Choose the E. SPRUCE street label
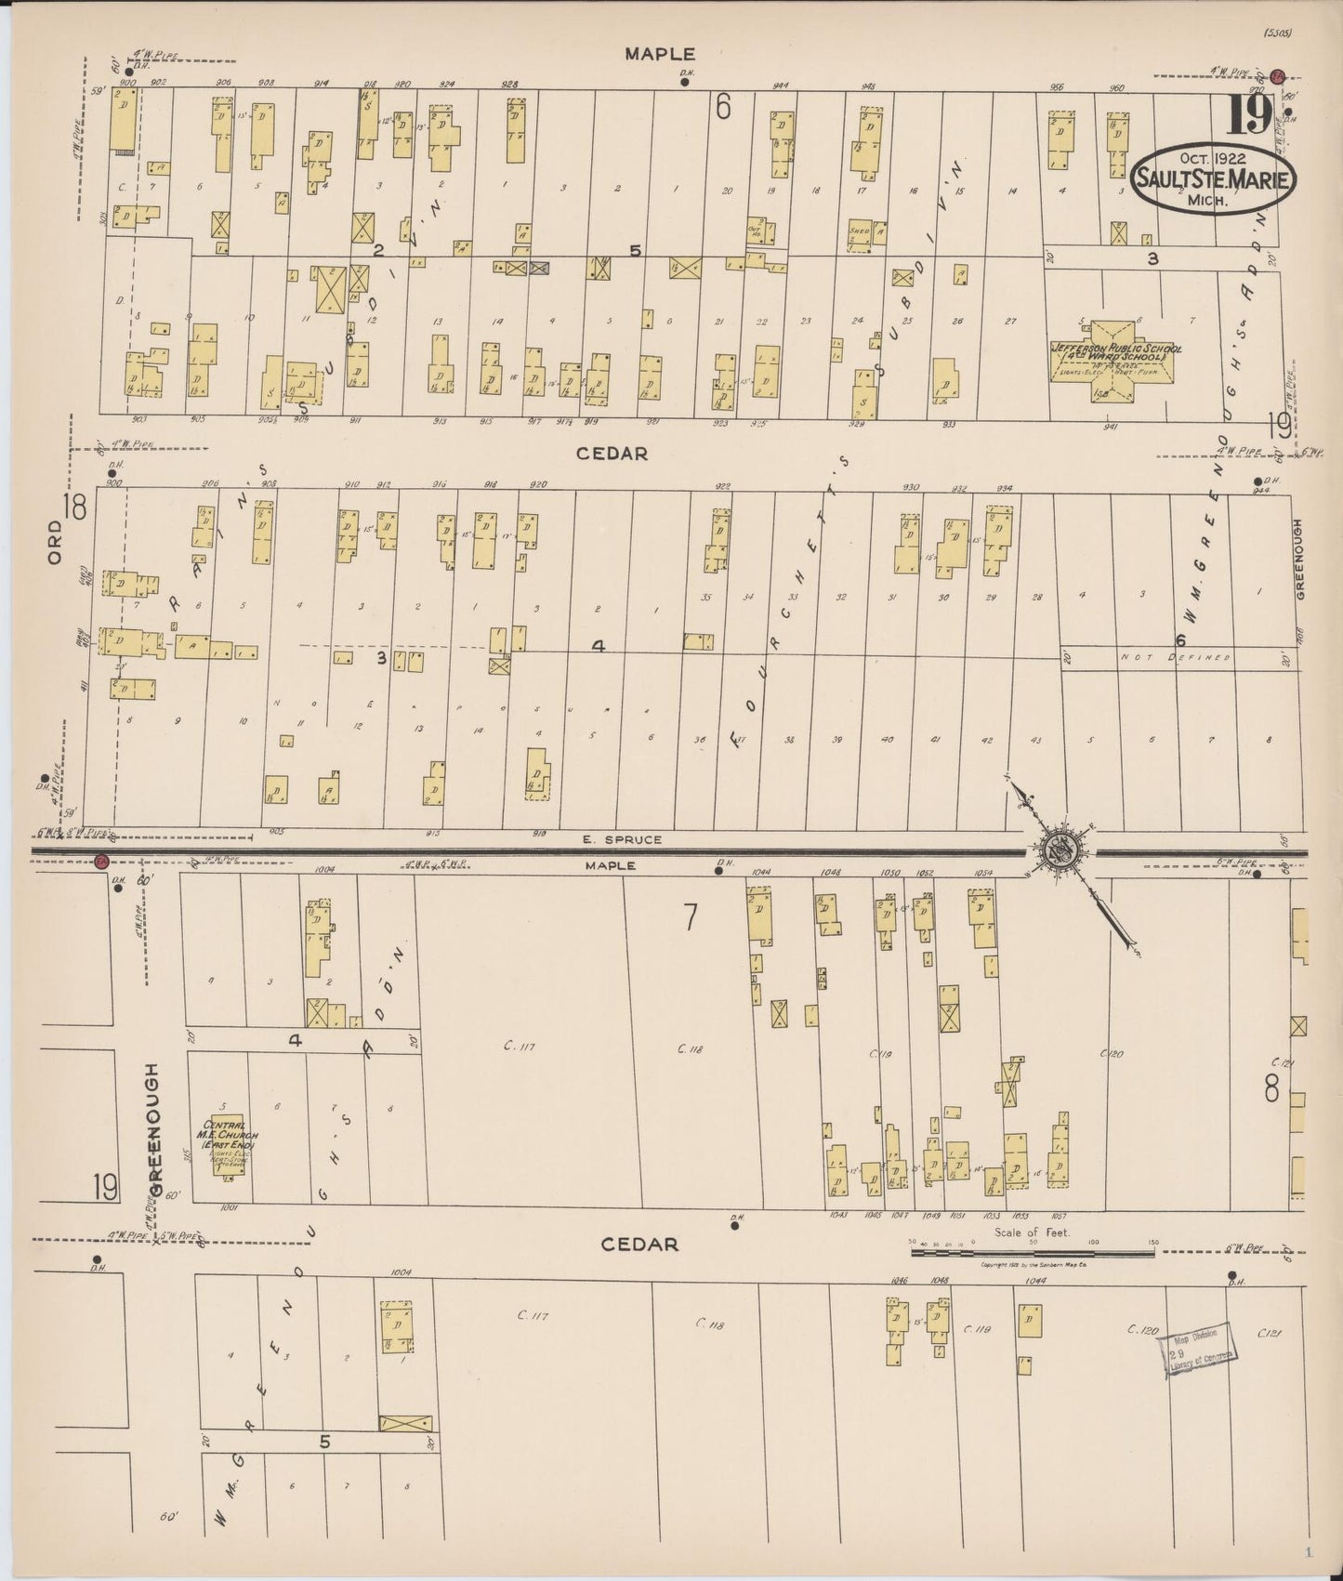click(635, 839)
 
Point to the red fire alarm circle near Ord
click(101, 862)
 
